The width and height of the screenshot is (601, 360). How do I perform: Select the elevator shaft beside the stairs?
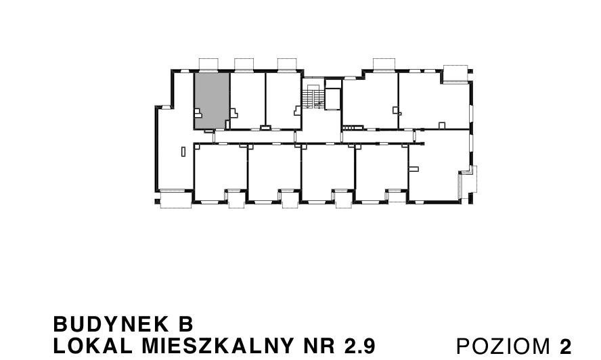[333, 99]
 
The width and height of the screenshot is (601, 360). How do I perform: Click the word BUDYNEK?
[111, 324]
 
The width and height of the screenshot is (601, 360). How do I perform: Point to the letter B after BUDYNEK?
[186, 324]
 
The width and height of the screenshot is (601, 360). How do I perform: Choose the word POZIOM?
[504, 346]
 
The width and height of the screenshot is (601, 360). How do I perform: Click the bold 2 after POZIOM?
[566, 346]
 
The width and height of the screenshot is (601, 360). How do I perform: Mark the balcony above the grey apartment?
[208, 64]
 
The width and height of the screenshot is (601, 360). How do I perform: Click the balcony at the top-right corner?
[455, 73]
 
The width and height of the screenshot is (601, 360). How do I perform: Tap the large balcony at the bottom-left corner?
[175, 199]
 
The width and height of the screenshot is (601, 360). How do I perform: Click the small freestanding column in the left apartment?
[183, 152]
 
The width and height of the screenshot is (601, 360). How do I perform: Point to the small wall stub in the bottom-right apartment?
[414, 168]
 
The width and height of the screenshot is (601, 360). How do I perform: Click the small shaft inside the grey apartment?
[198, 113]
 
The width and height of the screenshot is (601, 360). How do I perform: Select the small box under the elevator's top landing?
[333, 84]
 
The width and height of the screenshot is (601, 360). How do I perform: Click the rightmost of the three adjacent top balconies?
[287, 64]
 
